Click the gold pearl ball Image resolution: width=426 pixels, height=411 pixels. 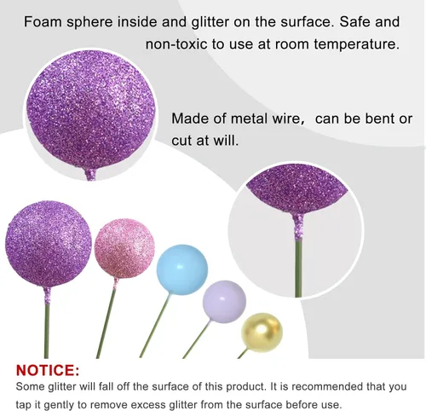point(262,333)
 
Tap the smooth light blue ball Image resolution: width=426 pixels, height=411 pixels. point(182,269)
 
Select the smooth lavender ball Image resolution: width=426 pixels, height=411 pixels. point(224,302)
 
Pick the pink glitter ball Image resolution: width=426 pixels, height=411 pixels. point(124,249)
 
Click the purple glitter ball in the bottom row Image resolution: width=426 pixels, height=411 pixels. point(49,245)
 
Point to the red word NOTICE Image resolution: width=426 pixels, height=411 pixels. point(48,370)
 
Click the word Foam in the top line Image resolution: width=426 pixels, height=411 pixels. point(43,21)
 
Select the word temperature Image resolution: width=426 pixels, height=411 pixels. point(357,44)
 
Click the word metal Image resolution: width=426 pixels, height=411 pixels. point(249,119)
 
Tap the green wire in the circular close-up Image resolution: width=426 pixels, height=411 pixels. point(298,268)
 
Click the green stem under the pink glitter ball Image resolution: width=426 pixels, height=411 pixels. point(106,324)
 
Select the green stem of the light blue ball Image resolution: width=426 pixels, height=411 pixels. point(155,326)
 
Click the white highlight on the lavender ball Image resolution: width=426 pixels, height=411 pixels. point(222,298)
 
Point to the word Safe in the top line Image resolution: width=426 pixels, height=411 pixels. point(355,21)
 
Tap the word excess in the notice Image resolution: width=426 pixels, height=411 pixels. point(148,405)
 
